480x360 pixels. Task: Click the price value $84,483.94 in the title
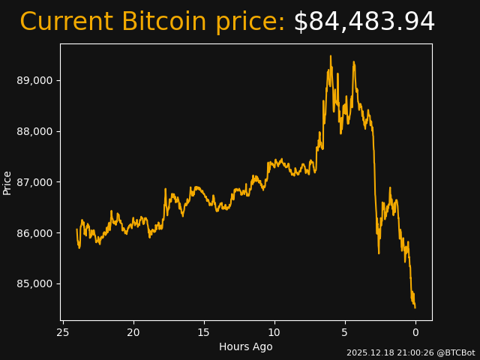coord(364,22)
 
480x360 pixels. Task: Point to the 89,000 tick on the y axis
coord(34,80)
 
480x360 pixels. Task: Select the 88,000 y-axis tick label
coord(34,131)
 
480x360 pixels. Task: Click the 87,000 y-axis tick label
coord(34,182)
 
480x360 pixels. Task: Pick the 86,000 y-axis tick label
coord(34,233)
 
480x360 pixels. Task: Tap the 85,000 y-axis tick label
coord(34,283)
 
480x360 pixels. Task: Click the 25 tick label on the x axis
coord(63,332)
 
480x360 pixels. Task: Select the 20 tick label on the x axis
coord(133,332)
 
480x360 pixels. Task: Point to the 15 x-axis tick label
coord(204,332)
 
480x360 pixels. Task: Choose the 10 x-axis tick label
coord(274,332)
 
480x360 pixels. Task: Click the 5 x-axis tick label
coord(345,332)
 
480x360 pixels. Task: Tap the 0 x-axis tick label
coord(415,332)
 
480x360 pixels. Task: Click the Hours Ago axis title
coord(246,346)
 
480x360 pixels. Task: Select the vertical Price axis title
coord(7,182)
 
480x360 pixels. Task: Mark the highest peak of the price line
coord(330,56)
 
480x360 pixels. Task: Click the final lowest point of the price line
coord(415,307)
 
